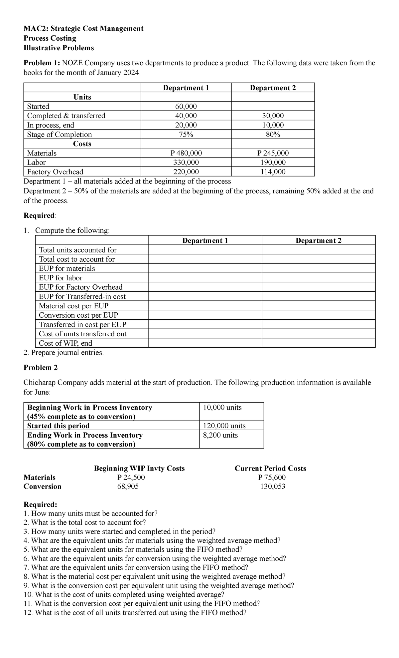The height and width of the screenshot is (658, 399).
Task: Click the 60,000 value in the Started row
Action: tap(186, 106)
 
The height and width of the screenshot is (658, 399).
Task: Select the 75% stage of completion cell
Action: tap(186, 135)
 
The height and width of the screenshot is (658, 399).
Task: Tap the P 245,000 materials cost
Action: tap(273, 153)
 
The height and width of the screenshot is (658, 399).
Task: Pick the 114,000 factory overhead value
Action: tap(273, 172)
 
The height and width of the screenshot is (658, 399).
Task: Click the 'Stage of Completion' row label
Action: tap(59, 135)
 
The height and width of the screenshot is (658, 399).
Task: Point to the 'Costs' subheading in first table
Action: tap(82, 144)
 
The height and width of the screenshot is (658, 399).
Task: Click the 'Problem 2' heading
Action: tap(41, 367)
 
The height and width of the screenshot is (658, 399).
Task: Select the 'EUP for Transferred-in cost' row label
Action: tap(82, 296)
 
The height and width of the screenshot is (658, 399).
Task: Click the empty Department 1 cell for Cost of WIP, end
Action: tap(205, 343)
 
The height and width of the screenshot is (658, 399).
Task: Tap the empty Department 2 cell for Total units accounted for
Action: tap(318, 250)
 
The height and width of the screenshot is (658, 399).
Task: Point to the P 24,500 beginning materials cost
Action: tap(131, 477)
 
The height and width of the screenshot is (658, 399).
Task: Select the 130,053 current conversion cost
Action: tap(272, 486)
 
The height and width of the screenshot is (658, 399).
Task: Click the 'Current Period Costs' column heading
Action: tap(270, 468)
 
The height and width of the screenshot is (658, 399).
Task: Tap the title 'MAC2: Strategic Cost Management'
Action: tap(83, 29)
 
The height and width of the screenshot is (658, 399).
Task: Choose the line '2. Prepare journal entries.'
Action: tap(64, 353)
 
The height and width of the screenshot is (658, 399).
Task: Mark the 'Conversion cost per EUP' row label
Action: tap(78, 315)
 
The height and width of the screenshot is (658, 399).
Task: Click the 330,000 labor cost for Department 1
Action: tap(186, 163)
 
